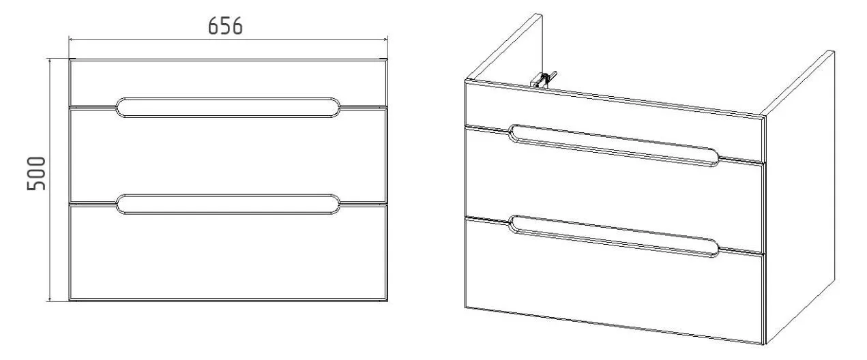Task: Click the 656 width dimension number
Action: coord(225,27)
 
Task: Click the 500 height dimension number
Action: coord(36,173)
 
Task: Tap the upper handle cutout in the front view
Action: coord(228,108)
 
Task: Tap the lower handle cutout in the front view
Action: coord(228,204)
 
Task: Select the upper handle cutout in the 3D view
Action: coord(614,145)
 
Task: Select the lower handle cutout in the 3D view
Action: coord(614,237)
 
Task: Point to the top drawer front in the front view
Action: coord(228,82)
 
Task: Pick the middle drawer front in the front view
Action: coord(228,155)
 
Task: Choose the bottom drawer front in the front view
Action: coord(228,252)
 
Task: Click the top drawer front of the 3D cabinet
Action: coord(615,121)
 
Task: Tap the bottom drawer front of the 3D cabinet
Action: coord(615,280)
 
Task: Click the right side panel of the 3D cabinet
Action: coord(799,197)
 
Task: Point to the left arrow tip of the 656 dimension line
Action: coord(70,39)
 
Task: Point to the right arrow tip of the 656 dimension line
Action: coord(387,39)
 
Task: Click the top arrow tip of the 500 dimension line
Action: coord(50,59)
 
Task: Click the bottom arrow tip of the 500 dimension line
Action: coord(50,301)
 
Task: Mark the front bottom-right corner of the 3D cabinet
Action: coord(764,344)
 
